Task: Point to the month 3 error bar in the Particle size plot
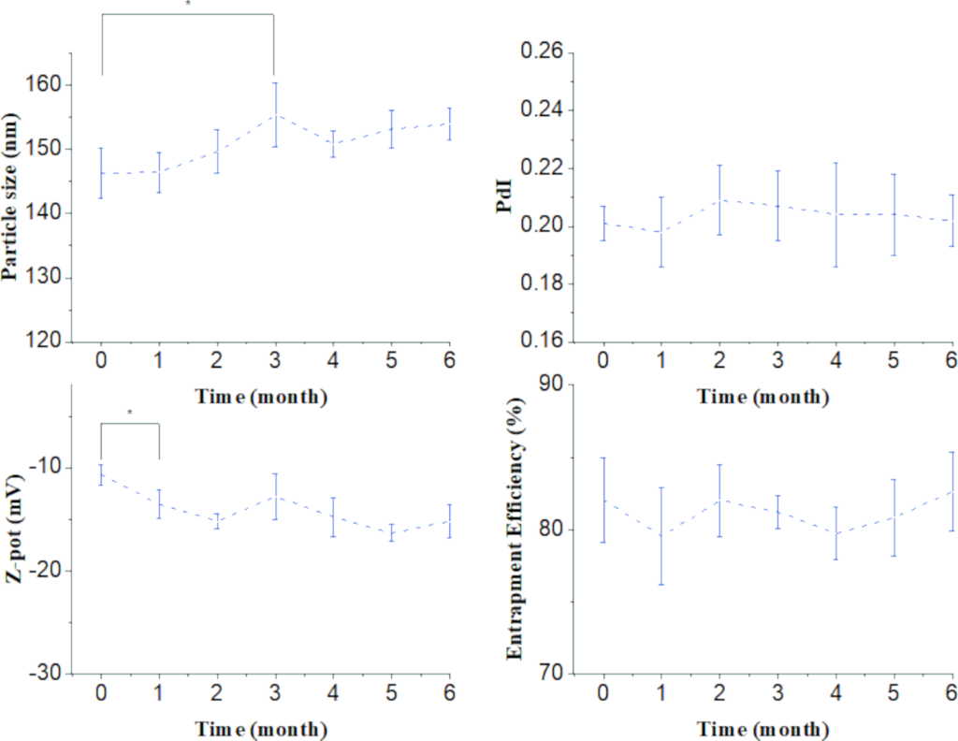[275, 115]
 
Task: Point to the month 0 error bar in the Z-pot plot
[101, 475]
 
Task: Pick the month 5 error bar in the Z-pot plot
[391, 532]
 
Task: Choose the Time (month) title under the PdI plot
[763, 397]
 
